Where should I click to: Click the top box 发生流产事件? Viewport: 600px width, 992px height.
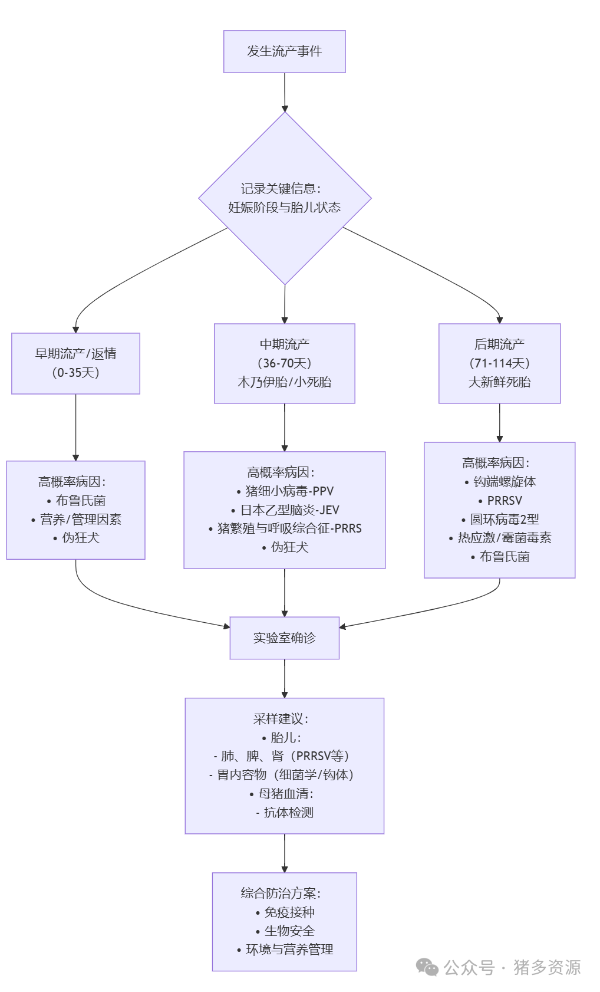284,52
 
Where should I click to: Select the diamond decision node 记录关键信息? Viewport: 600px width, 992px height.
285,198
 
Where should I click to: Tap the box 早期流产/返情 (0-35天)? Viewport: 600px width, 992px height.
75,363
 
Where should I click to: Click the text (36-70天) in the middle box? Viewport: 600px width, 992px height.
284,363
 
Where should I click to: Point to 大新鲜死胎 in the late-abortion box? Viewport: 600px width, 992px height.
499,382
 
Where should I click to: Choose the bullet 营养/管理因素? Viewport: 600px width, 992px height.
80,520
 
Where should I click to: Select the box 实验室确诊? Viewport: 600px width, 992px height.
284,638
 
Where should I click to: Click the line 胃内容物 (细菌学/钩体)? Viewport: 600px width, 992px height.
284,775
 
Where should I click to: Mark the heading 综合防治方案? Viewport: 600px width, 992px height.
281,894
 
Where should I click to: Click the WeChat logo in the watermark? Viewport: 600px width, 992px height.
427,967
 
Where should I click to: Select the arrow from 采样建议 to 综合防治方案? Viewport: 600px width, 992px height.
285,853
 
